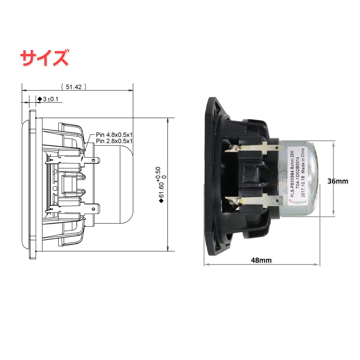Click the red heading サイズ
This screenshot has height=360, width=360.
click(x=44, y=58)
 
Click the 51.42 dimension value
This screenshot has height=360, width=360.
click(x=73, y=87)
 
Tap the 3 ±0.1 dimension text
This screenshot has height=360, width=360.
click(x=50, y=99)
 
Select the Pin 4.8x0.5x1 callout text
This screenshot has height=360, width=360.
click(x=114, y=135)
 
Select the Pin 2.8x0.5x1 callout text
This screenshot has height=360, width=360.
click(x=114, y=141)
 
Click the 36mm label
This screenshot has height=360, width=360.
click(x=337, y=181)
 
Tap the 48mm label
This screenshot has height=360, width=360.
click(x=261, y=260)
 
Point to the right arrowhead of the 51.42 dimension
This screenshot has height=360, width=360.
click(x=131, y=90)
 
